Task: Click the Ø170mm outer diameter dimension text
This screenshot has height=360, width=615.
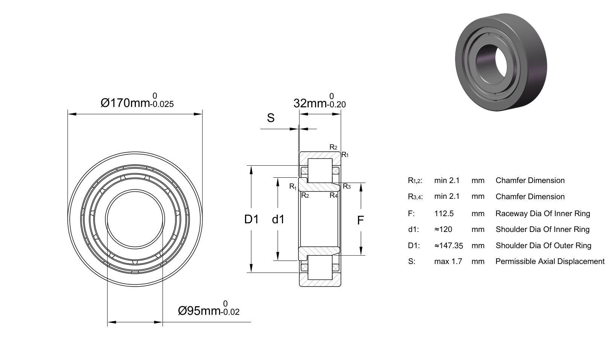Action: [x=137, y=101]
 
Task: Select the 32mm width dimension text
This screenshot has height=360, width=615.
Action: [x=320, y=101]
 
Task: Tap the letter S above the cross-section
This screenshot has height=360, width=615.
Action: [x=271, y=118]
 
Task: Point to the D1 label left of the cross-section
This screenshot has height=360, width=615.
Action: [x=251, y=220]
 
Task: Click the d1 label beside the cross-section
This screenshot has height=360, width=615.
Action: [x=278, y=220]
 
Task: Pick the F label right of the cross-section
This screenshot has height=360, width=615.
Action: [x=361, y=220]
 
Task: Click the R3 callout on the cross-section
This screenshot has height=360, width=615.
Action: [x=347, y=187]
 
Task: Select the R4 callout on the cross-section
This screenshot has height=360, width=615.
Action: [x=333, y=195]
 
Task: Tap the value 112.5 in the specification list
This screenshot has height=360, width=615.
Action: [x=444, y=214]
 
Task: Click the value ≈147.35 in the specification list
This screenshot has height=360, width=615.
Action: [x=449, y=246]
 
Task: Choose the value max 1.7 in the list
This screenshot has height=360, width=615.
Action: [x=448, y=261]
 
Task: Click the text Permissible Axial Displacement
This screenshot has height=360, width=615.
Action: [x=550, y=261]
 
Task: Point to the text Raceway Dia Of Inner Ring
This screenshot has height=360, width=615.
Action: [x=543, y=214]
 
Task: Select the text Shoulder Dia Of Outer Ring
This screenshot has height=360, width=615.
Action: [x=543, y=246]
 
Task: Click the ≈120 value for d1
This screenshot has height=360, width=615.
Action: [x=443, y=229]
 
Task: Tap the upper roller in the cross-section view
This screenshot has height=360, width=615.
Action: [x=320, y=171]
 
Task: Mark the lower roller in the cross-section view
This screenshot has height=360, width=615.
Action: [x=320, y=267]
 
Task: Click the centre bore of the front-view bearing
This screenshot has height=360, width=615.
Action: [x=135, y=219]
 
